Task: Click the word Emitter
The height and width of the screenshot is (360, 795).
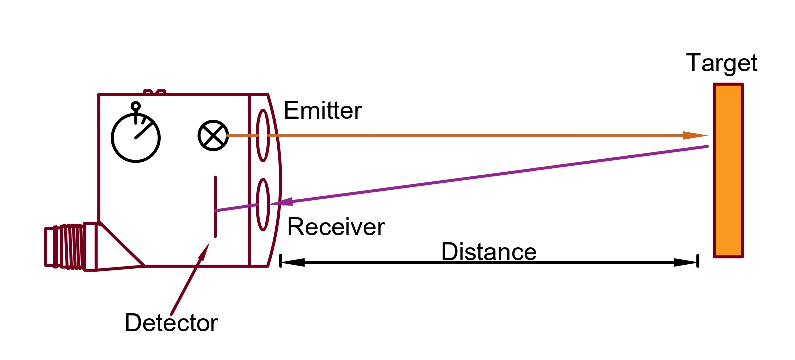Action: pyautogui.click(x=322, y=110)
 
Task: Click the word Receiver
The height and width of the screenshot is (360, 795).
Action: pyautogui.click(x=336, y=227)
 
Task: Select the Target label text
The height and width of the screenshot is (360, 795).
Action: pyautogui.click(x=721, y=63)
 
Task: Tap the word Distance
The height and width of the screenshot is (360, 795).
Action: pyautogui.click(x=489, y=251)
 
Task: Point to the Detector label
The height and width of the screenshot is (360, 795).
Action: pyautogui.click(x=171, y=323)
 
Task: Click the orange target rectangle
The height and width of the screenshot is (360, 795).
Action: pyautogui.click(x=728, y=170)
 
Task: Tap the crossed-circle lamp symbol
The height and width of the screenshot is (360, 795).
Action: pyautogui.click(x=213, y=135)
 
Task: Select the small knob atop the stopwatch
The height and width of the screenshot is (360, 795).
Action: pyautogui.click(x=135, y=106)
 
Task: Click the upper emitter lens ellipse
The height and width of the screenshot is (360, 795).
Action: pyautogui.click(x=263, y=135)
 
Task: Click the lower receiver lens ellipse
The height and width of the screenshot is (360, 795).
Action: pyautogui.click(x=263, y=205)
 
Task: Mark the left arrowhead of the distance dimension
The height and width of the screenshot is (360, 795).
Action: pyautogui.click(x=292, y=262)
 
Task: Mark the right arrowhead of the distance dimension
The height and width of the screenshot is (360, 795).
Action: pyautogui.click(x=686, y=262)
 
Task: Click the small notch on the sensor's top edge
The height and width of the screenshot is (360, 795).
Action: pyautogui.click(x=154, y=92)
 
